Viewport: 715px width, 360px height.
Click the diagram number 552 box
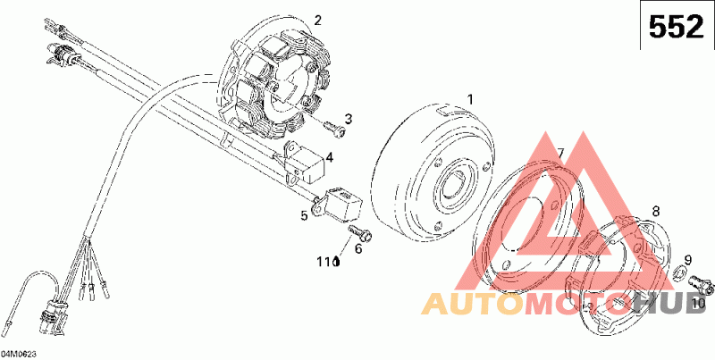tap(675, 29)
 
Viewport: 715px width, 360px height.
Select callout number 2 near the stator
tap(318, 20)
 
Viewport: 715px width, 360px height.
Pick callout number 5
tap(304, 215)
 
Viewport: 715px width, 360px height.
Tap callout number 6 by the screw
tap(358, 249)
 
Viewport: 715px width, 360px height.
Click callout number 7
tap(560, 153)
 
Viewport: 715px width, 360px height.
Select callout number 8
tap(655, 212)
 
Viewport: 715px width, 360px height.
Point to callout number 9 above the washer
tap(687, 260)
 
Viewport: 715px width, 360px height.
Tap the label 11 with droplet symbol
tap(329, 264)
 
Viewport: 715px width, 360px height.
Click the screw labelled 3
tap(333, 130)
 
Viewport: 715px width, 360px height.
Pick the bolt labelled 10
tap(704, 286)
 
